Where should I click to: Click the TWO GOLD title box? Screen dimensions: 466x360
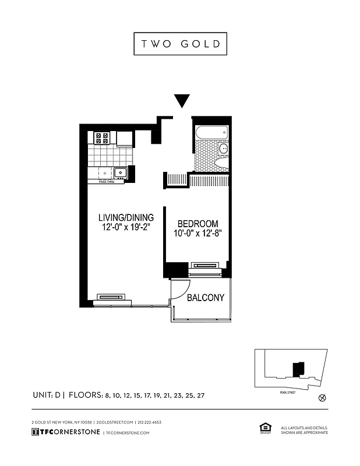(x=180, y=44)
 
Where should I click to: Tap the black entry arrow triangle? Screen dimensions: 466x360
(x=182, y=101)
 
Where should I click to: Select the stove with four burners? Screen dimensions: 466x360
(x=102, y=138)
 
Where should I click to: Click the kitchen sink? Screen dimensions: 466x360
(x=121, y=172)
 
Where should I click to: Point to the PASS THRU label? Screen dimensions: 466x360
(x=107, y=182)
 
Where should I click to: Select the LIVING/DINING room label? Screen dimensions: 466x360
(x=126, y=217)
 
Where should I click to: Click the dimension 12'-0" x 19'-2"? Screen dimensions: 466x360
(x=126, y=228)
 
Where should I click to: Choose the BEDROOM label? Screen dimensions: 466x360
(x=198, y=224)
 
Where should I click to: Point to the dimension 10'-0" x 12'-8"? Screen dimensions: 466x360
(x=198, y=234)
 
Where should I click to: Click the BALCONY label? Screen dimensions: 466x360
(x=206, y=298)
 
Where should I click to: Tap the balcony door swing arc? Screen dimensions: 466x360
(x=182, y=288)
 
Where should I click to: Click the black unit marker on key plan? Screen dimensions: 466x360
(x=298, y=369)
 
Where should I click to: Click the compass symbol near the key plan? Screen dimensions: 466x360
(x=323, y=398)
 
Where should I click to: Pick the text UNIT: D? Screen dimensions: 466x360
(x=48, y=395)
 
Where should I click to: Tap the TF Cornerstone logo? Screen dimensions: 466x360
(x=65, y=432)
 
